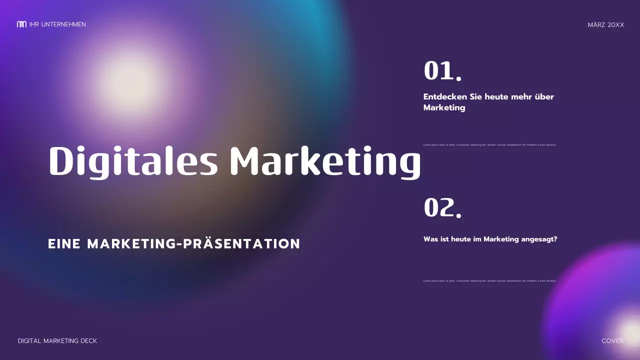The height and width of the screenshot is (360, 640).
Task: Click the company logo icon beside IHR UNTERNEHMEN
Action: (21, 24)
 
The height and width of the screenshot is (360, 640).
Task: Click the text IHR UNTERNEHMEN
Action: (57, 24)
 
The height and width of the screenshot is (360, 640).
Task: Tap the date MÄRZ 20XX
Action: (606, 25)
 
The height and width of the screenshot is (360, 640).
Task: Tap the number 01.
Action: (442, 71)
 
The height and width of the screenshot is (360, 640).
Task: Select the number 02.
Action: (442, 207)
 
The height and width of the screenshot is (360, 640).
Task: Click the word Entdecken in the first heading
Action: (445, 97)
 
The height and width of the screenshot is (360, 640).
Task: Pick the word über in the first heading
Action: (544, 97)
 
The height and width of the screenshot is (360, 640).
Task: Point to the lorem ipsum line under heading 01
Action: (489, 145)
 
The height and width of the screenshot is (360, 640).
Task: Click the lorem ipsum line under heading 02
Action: (489, 281)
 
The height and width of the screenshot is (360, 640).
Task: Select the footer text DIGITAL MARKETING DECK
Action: (57, 341)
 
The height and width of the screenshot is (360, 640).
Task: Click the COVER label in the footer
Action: (612, 341)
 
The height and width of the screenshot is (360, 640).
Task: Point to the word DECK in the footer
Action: (88, 341)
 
